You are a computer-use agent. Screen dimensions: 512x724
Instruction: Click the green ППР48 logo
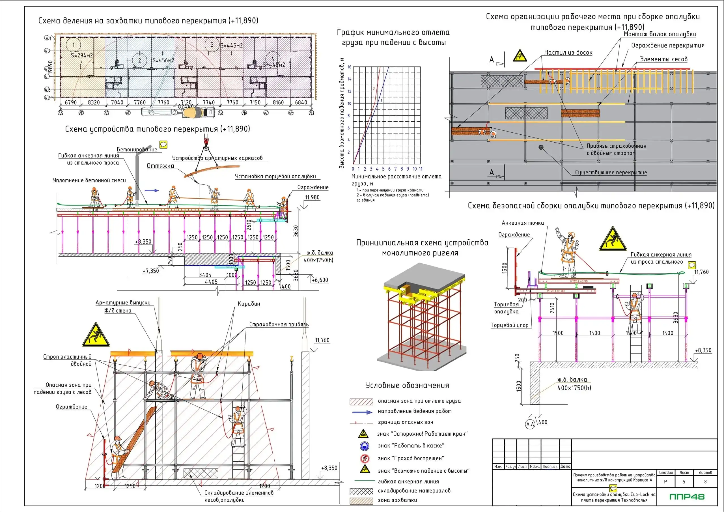[686, 496]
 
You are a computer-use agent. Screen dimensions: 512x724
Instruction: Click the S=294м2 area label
[82, 55]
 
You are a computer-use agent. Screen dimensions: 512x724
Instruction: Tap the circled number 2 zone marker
[139, 61]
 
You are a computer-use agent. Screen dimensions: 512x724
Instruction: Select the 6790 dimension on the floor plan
[71, 102]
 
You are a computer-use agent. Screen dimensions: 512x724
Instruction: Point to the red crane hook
[206, 140]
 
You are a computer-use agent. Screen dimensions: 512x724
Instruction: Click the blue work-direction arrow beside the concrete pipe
[152, 191]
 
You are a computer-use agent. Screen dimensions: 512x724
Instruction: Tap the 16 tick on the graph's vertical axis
[349, 67]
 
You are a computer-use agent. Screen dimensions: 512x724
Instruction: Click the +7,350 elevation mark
[151, 271]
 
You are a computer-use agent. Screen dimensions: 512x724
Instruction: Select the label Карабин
[249, 304]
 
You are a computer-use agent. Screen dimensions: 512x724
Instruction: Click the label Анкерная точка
[523, 223]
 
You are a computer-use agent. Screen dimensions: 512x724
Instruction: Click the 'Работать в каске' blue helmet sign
[364, 446]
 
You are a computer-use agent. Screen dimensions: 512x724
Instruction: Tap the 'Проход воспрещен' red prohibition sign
[364, 458]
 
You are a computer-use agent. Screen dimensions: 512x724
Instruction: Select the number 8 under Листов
[705, 482]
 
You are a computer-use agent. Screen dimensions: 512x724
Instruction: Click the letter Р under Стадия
[665, 482]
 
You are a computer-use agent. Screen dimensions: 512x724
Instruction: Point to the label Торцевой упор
[510, 325]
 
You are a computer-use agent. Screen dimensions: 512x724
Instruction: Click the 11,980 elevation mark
[312, 197]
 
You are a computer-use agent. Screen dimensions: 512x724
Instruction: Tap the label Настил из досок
[568, 53]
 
